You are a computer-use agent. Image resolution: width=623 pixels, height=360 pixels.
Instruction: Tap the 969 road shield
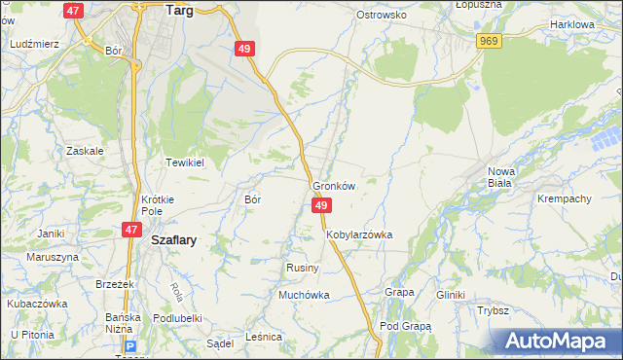(490, 39)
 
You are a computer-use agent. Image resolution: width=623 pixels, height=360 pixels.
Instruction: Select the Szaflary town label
(173, 241)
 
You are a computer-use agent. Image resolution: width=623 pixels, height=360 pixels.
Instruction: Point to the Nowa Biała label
(500, 176)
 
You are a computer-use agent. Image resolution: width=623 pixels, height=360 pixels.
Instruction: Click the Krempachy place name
(565, 198)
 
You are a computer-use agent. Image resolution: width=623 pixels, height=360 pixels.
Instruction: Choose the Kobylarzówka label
(359, 234)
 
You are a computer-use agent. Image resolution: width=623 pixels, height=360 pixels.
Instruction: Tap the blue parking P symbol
(129, 345)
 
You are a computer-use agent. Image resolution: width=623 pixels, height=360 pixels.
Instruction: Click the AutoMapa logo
(558, 341)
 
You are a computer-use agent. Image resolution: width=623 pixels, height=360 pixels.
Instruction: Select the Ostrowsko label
(381, 16)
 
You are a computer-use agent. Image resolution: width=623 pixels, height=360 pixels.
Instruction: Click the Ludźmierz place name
(33, 45)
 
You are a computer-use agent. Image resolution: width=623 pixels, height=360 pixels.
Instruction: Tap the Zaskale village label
(85, 151)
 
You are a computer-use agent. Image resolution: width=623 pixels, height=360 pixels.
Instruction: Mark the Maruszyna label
(52, 257)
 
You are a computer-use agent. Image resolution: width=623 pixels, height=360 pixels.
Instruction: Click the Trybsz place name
(494, 310)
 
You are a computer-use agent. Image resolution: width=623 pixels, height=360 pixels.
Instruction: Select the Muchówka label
(305, 294)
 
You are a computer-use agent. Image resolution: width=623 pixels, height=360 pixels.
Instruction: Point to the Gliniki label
(451, 295)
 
